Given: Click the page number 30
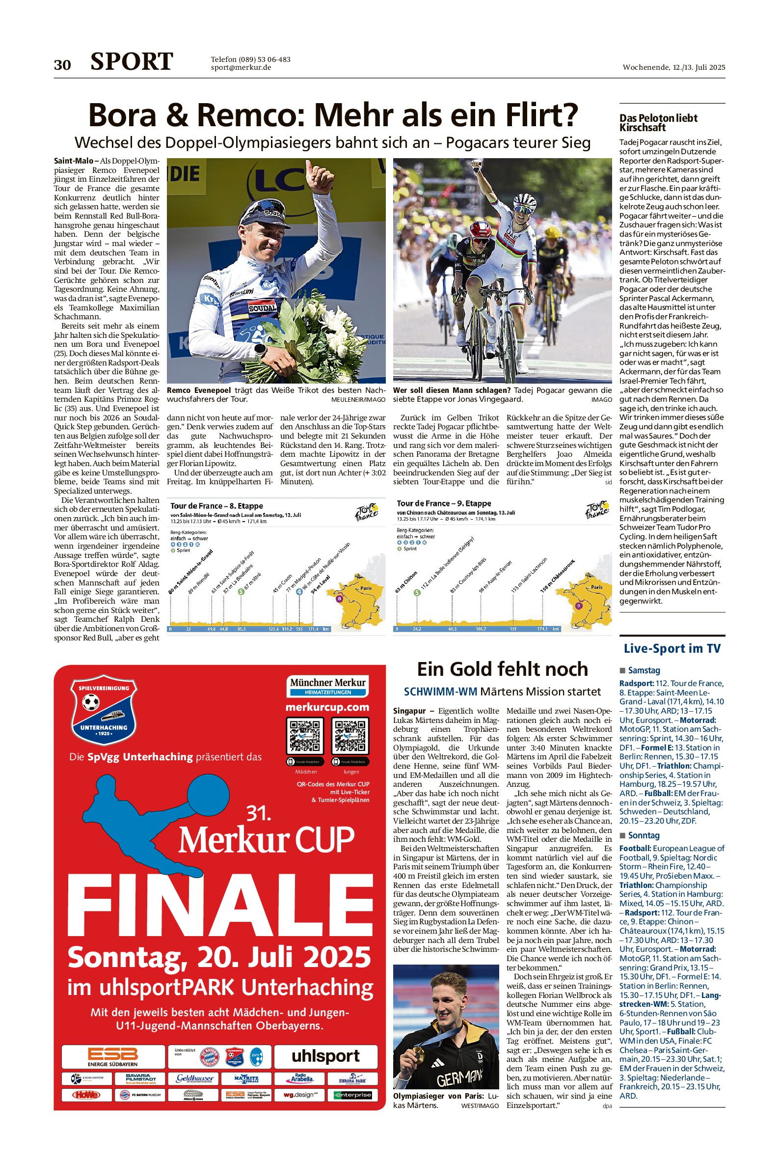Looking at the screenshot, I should (62, 65).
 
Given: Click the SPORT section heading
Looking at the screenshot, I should (132, 62).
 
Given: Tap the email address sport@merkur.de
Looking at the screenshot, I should (241, 68).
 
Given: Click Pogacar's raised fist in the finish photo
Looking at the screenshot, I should (478, 166).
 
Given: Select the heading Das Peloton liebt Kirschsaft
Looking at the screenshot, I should (658, 122).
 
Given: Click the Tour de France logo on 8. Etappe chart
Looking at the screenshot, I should (367, 512).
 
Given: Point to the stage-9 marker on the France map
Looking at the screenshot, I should (578, 606).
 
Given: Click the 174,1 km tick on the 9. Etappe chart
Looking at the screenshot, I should (542, 629).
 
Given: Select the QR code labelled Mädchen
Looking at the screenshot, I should (305, 737).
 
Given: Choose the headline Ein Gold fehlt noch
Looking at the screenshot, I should (502, 669).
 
